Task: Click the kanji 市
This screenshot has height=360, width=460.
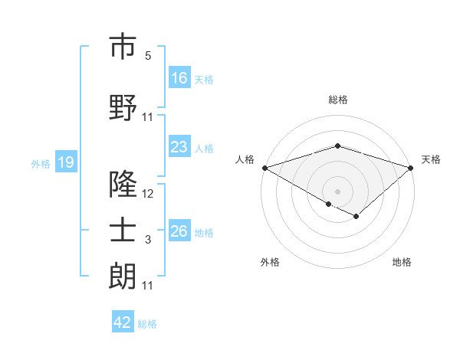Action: click(x=123, y=47)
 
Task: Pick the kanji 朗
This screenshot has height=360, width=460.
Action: click(x=123, y=277)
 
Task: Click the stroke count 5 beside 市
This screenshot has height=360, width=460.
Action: click(x=148, y=56)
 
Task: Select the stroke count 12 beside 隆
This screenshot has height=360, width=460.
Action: click(x=148, y=194)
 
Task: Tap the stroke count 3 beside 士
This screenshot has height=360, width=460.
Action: click(x=148, y=241)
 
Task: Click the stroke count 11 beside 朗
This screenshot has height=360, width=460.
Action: click(x=148, y=286)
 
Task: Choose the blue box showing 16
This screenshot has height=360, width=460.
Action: click(x=179, y=78)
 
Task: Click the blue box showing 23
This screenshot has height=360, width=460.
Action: click(x=179, y=147)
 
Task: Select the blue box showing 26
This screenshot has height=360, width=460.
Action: click(x=179, y=231)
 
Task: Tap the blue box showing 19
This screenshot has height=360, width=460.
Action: click(x=65, y=162)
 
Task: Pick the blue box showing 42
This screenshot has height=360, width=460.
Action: click(x=123, y=322)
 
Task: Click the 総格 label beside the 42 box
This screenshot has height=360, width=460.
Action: click(x=147, y=324)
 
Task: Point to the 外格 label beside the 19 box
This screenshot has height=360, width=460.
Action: click(x=41, y=163)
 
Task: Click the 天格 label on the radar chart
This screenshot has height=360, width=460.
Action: click(x=431, y=159)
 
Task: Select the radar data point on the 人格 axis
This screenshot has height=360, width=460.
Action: click(x=264, y=167)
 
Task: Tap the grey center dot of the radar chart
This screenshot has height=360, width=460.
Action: click(x=337, y=190)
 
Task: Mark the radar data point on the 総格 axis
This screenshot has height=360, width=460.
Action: click(x=337, y=146)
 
